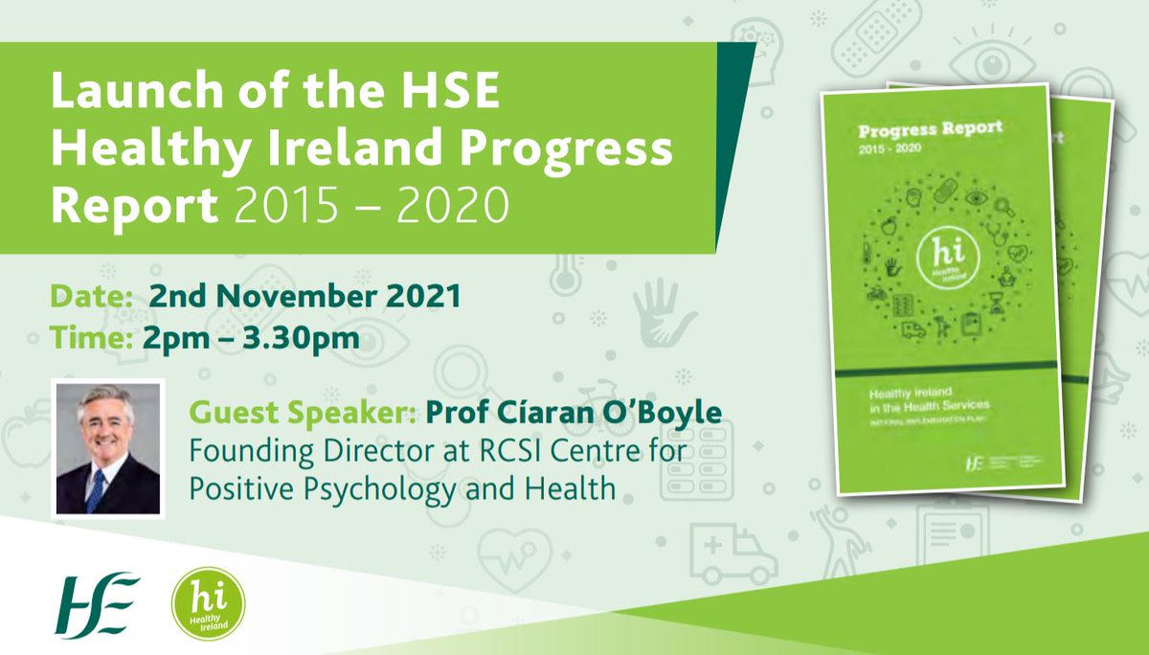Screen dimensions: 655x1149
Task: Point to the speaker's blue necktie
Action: (97, 488)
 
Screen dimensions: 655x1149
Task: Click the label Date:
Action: (91, 297)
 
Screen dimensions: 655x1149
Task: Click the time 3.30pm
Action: (310, 337)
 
